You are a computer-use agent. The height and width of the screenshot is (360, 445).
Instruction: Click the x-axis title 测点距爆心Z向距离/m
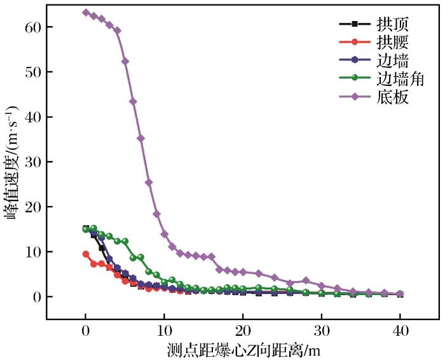(242, 350)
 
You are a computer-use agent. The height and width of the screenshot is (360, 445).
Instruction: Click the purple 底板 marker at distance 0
(86, 13)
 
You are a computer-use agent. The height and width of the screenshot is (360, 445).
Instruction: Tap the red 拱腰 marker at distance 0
(86, 254)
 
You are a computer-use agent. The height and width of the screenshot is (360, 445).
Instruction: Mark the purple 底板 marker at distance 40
(400, 294)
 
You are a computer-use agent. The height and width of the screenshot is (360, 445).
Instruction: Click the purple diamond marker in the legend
(355, 97)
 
